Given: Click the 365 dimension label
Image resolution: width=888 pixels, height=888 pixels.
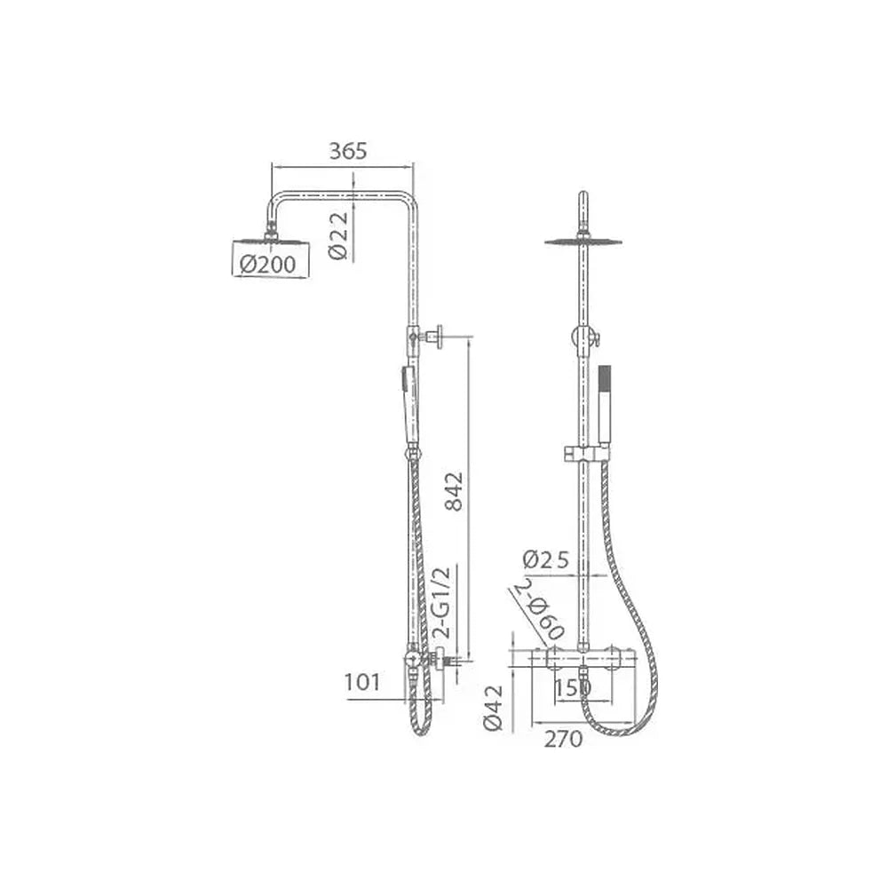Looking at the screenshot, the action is point(348,151).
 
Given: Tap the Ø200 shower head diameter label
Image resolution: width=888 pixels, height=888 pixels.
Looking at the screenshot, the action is point(267,264).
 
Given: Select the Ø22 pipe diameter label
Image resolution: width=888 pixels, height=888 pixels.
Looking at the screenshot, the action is point(338,235).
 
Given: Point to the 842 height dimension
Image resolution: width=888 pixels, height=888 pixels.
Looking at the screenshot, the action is point(454,491).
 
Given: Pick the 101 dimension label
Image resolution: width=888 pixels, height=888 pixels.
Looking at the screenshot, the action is point(362,682).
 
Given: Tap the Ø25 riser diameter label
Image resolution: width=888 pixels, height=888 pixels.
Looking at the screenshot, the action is point(545,559).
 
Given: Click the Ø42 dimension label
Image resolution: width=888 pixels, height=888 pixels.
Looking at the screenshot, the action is point(493,708).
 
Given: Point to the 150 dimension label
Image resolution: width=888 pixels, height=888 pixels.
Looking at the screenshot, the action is point(573,688).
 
